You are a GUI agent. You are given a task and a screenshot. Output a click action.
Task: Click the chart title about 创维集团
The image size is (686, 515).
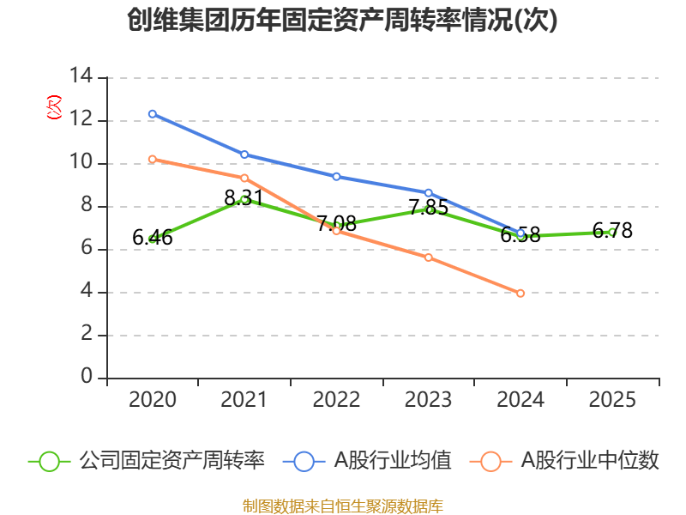point(342,20)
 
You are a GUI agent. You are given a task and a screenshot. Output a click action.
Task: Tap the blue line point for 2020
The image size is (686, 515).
point(152,113)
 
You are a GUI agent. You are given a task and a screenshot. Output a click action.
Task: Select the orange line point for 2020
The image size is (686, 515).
point(152,159)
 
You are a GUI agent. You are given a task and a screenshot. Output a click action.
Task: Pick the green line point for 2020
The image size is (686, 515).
point(152,239)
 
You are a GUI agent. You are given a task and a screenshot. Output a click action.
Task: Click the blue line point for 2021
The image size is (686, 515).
point(244,154)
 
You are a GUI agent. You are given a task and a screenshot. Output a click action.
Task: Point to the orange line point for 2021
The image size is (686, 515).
point(244,178)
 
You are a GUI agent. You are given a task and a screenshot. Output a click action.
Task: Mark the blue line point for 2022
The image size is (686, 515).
point(336,176)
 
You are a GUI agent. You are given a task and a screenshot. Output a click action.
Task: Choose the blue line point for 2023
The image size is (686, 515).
point(429,192)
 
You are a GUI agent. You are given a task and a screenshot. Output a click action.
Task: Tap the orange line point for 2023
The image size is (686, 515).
point(429,257)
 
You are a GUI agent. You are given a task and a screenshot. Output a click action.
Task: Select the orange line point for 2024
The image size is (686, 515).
point(521,293)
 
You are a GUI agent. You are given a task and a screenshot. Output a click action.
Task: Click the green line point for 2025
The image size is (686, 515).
point(612,232)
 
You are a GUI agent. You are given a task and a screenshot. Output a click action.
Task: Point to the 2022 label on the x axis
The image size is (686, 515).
point(336,400)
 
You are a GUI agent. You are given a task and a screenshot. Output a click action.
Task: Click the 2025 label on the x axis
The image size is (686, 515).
point(612,400)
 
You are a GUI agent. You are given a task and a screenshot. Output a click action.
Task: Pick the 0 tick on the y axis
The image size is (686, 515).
point(87,378)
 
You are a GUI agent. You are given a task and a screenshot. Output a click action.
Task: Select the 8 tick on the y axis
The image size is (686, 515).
point(87,206)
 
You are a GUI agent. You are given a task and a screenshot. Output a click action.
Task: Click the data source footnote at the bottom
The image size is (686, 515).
point(342,506)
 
